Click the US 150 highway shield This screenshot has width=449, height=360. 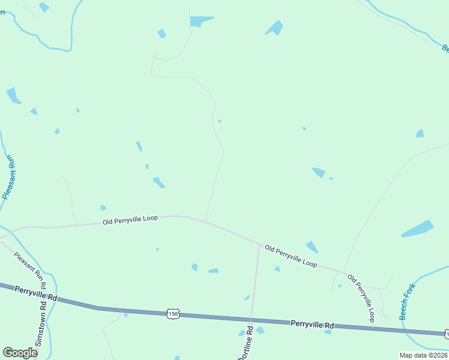click(x=173, y=313)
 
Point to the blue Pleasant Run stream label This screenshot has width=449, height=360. click(x=9, y=177)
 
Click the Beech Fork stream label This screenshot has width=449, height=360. click(x=408, y=302)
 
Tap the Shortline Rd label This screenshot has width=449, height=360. click(x=247, y=346)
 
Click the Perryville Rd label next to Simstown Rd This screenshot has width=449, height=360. click(x=36, y=292)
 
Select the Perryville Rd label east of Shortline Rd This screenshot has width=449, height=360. click(x=312, y=324)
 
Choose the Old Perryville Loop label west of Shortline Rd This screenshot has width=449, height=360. click(x=130, y=220)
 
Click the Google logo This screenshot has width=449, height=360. click(x=20, y=353)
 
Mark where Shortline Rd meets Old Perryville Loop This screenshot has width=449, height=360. click(x=259, y=244)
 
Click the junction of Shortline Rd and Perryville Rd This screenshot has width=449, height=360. click(x=251, y=320)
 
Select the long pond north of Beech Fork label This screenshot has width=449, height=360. click(x=417, y=229)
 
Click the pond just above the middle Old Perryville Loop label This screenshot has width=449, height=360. click(x=312, y=247)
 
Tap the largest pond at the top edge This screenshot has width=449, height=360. click(x=200, y=22)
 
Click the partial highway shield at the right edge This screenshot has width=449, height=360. click(x=446, y=333)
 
